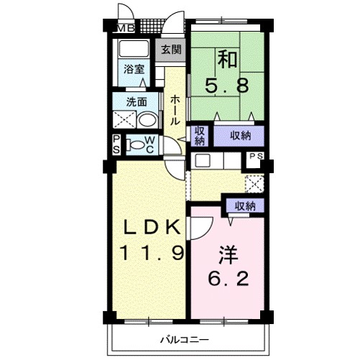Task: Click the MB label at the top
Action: click(126, 29)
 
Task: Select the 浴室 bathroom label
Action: click(133, 70)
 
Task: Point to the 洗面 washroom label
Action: click(136, 101)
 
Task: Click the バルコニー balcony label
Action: click(183, 339)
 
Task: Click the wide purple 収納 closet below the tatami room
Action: click(241, 134)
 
